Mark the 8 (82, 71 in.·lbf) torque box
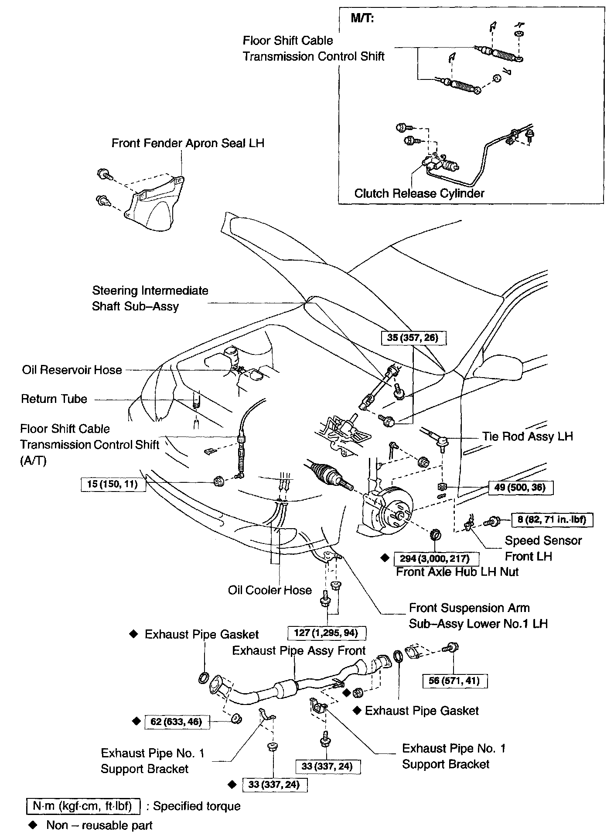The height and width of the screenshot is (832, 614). (552, 519)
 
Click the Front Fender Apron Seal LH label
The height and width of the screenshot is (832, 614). (188, 143)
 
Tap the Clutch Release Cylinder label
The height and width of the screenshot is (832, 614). (419, 193)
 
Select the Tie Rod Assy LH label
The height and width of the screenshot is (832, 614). (527, 436)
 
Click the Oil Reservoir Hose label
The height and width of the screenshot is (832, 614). (72, 370)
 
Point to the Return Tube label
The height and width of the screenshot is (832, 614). (54, 399)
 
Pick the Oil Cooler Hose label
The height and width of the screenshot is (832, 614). (269, 590)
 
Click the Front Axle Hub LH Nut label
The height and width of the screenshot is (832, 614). (457, 572)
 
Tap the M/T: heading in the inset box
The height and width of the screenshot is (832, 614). (362, 19)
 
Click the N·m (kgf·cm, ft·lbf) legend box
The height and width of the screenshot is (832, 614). (83, 806)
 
